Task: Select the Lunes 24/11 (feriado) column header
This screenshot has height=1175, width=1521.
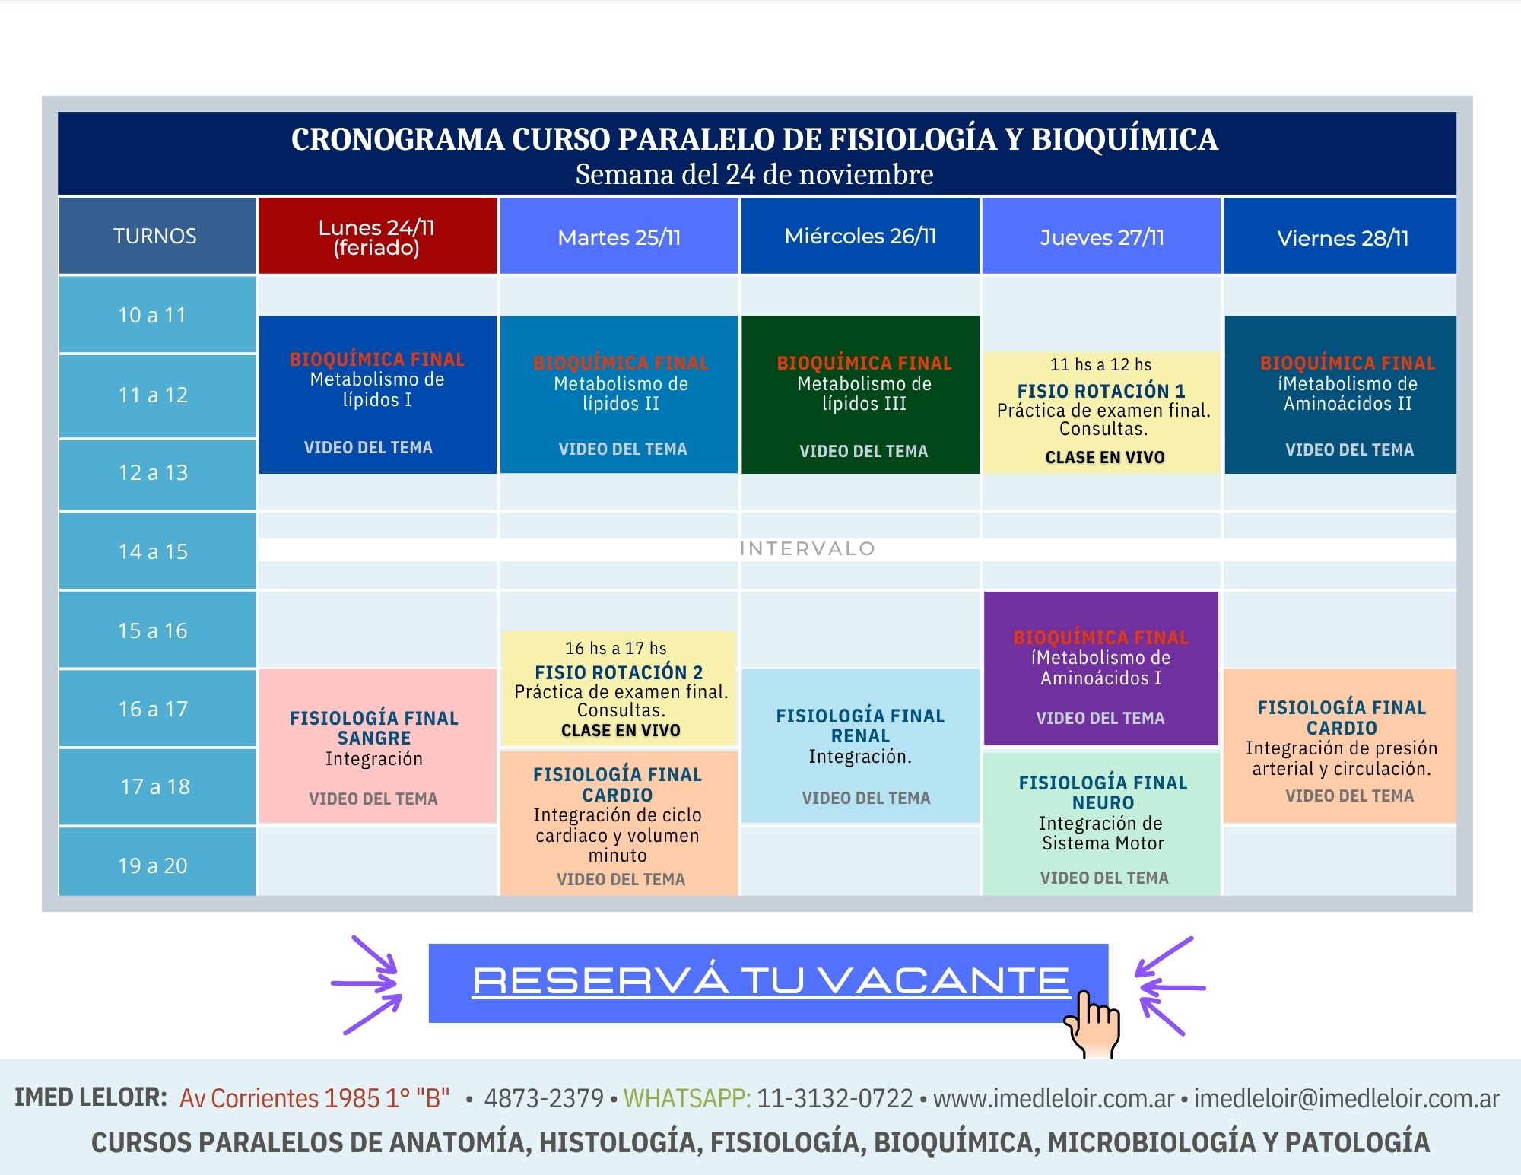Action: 377,236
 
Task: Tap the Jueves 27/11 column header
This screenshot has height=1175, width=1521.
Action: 1101,236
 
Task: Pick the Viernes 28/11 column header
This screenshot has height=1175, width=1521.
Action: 1342,237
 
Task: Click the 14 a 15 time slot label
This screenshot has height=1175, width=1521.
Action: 154,551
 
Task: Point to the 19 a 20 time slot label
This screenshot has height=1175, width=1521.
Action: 154,865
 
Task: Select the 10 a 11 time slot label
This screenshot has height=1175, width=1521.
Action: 154,315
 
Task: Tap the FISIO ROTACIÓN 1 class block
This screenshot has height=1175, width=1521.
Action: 1102,411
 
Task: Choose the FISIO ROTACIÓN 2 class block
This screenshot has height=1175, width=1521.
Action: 618,688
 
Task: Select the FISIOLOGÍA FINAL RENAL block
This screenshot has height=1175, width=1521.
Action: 860,746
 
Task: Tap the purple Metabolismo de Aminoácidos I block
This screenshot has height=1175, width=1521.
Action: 1100,668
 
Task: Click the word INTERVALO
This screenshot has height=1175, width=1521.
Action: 808,549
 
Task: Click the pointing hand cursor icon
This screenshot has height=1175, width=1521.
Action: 1092,1023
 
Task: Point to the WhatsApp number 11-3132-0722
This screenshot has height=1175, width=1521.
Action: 835,1098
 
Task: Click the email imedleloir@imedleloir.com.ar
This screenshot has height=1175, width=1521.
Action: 1346,1098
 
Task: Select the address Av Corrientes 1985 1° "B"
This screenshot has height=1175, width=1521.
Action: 314,1098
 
